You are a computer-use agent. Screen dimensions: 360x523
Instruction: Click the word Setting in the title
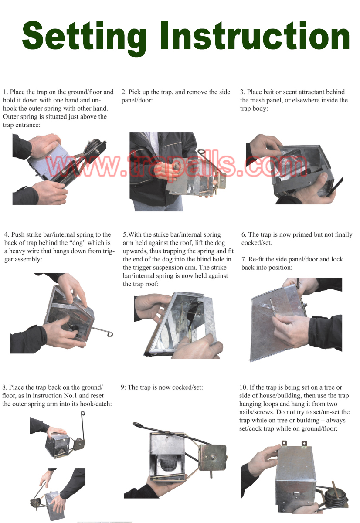pyautogui.click(x=84, y=38)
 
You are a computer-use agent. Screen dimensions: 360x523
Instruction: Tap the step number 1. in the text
pyautogui.click(x=6, y=92)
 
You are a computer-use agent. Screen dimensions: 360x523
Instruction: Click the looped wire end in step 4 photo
pyautogui.click(x=110, y=334)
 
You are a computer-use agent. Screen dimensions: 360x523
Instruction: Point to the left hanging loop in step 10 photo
pyautogui.click(x=284, y=443)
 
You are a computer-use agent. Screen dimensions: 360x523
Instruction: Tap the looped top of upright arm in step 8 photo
pyautogui.click(x=83, y=414)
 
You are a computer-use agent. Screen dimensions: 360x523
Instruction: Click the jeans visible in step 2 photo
pyautogui.click(x=158, y=205)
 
